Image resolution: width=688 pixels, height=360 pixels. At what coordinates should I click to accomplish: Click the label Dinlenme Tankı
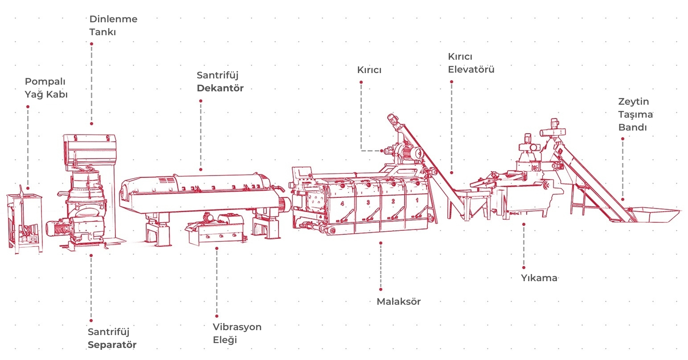click(x=113, y=25)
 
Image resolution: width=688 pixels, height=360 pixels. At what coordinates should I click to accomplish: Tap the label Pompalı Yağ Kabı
click(x=46, y=88)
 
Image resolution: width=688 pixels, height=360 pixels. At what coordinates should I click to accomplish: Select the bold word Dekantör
click(x=220, y=88)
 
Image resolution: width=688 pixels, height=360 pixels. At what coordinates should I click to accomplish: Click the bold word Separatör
click(x=112, y=345)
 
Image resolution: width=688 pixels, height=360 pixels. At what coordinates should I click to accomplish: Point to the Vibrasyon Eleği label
click(x=237, y=333)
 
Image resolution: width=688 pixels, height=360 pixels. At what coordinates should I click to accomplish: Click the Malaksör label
click(x=398, y=302)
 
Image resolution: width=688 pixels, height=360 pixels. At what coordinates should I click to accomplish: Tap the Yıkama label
click(x=539, y=278)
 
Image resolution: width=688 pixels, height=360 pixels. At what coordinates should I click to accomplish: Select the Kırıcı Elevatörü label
click(x=471, y=63)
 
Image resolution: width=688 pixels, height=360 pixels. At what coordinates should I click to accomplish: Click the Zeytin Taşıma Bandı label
click(x=635, y=115)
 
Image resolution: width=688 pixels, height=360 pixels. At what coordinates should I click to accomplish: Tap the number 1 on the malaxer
click(x=417, y=200)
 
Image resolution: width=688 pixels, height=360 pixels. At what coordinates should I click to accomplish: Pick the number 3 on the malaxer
click(x=368, y=202)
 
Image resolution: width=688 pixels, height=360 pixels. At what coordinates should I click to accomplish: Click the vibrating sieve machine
click(x=217, y=229)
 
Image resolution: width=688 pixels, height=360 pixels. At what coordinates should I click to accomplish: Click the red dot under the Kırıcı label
click(x=361, y=82)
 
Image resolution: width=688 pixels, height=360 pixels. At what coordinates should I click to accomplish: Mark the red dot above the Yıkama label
click(x=524, y=224)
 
